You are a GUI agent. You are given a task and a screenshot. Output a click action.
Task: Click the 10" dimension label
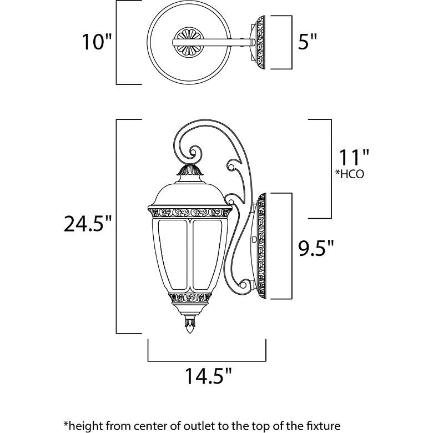(x=97, y=42)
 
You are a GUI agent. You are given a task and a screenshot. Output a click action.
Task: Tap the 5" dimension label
(x=307, y=42)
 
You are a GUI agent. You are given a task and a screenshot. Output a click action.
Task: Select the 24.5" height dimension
(x=88, y=223)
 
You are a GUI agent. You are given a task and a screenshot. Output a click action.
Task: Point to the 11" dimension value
(x=354, y=158)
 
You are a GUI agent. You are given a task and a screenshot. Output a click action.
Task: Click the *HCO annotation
(x=350, y=174)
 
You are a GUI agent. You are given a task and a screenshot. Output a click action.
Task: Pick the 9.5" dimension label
(x=316, y=248)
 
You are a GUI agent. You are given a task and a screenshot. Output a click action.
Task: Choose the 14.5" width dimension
(x=208, y=376)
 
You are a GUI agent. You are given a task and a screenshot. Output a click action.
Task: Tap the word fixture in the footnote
(x=323, y=426)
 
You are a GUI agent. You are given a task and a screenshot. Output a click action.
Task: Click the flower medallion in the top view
(x=189, y=42)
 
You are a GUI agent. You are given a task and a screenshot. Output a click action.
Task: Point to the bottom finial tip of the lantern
(x=190, y=333)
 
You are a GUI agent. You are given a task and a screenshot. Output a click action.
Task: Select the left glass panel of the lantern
(x=173, y=254)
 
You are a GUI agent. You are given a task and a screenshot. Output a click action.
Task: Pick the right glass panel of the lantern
(x=207, y=254)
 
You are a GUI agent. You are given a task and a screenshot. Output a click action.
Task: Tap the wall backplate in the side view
(x=261, y=246)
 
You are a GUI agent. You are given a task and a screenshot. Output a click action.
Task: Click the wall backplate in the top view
(x=260, y=42)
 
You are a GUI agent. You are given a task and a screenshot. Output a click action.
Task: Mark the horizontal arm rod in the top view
(x=214, y=42)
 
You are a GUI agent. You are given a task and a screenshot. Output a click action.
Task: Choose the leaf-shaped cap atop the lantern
(x=190, y=170)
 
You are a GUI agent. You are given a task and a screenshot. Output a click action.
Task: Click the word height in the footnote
(x=82, y=426)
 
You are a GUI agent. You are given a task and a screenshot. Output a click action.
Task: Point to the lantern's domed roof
(x=190, y=195)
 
